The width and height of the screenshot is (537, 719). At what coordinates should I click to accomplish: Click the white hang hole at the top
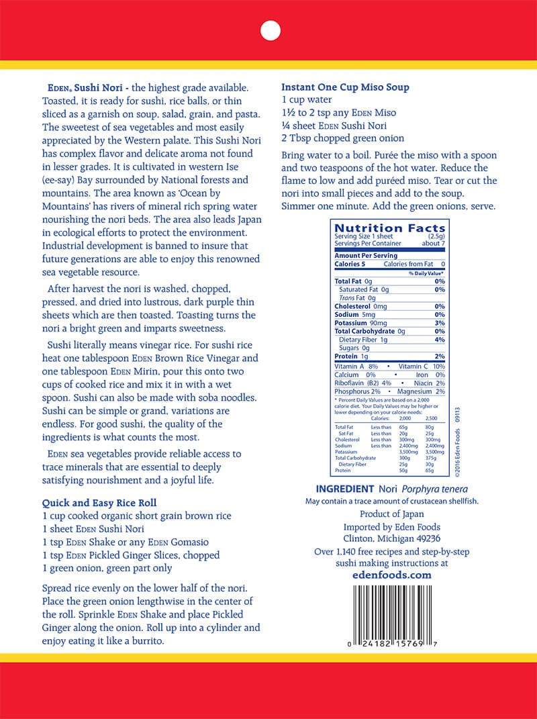click(x=269, y=31)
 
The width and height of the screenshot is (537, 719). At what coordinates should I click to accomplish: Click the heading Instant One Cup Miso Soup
click(x=345, y=87)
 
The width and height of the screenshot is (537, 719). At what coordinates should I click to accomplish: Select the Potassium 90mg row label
click(x=365, y=323)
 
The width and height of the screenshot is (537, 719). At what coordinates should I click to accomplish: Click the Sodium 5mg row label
click(x=358, y=314)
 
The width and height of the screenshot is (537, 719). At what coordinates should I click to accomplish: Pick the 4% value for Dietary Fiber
click(x=440, y=340)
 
